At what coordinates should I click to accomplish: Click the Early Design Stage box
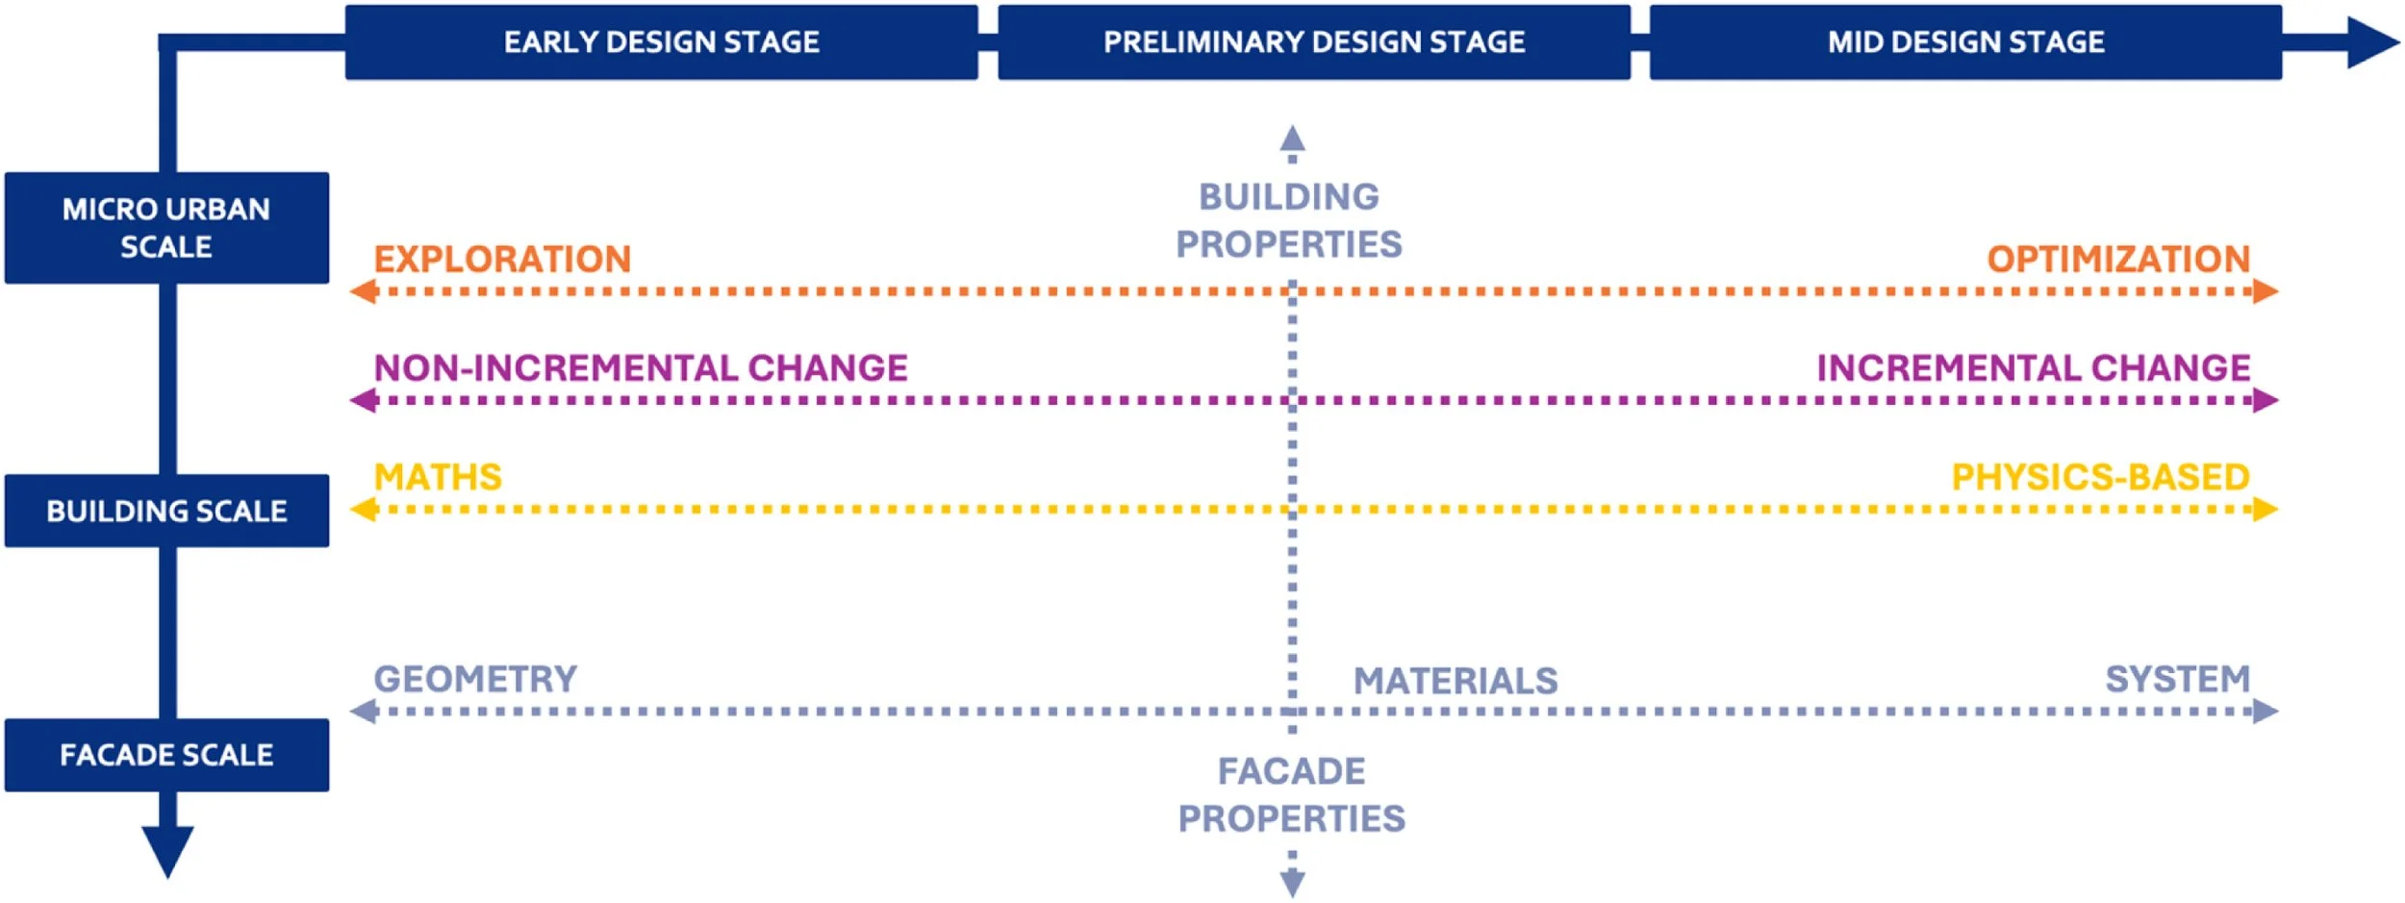point(662,42)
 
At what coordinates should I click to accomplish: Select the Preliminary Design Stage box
point(1314,42)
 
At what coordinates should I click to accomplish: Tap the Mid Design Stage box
point(1965,42)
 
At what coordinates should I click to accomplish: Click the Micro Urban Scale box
point(166,228)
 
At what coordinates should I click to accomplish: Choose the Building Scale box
point(166,511)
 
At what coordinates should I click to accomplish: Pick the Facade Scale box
point(166,755)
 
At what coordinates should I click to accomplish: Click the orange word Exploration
point(502,259)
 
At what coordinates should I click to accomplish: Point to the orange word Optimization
point(2119,259)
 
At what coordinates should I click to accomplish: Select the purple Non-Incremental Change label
point(641,367)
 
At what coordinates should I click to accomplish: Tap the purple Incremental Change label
point(2034,367)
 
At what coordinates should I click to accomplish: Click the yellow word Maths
point(438,477)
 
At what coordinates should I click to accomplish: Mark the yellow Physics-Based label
point(2101,477)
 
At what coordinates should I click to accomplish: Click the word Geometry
point(475,679)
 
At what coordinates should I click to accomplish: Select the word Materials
point(1456,681)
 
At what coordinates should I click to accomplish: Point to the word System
point(2178,679)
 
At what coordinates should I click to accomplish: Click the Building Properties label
point(1289,220)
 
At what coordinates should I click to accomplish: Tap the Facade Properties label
point(1292,794)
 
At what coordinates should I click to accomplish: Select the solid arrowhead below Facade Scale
point(167,850)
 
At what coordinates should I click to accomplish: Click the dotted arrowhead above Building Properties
point(1292,139)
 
